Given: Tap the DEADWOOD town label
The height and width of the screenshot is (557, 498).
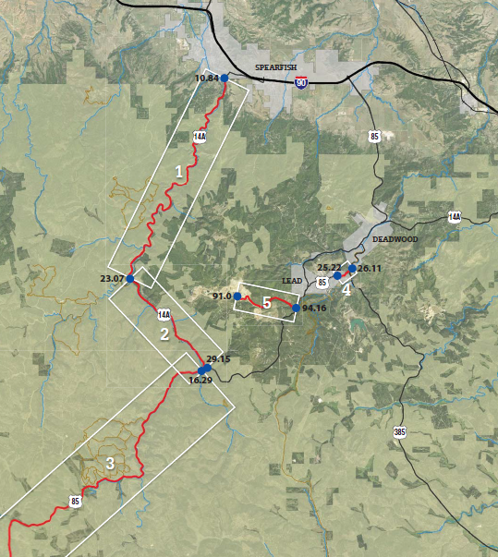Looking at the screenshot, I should click(x=395, y=238).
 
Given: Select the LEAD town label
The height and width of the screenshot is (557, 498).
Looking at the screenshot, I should click(x=292, y=280).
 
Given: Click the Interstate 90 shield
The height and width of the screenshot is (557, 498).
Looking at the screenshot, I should click(x=302, y=82).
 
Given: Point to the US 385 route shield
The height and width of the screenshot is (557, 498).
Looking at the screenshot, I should click(x=398, y=431).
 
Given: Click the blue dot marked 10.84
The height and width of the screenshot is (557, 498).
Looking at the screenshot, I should click(x=225, y=78).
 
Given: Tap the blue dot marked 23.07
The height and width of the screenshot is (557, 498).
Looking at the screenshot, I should click(x=130, y=278).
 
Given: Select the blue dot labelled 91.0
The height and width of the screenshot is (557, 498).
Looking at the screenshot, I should click(x=237, y=296).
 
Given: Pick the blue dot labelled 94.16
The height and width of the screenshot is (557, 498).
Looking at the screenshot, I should click(x=296, y=308).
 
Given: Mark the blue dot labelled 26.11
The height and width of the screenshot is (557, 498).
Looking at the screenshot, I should click(x=352, y=269).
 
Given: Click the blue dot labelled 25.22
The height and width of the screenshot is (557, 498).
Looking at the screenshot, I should click(x=337, y=275).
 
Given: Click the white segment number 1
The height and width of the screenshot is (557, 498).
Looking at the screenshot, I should click(x=179, y=171).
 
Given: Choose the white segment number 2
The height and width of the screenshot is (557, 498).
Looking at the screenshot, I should click(x=165, y=334).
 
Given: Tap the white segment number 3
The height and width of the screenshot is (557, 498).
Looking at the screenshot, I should click(x=109, y=464).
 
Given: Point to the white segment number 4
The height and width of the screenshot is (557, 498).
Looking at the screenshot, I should click(x=346, y=289).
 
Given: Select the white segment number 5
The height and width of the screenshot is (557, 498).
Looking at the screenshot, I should click(x=266, y=302).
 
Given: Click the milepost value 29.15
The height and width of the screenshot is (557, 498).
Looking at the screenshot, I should click(x=219, y=358).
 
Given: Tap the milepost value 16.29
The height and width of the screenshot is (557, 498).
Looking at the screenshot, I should click(x=200, y=380).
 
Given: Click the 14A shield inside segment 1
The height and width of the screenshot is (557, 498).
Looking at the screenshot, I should click(x=200, y=137).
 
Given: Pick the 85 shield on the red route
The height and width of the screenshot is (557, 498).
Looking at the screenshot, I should click(x=74, y=502).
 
